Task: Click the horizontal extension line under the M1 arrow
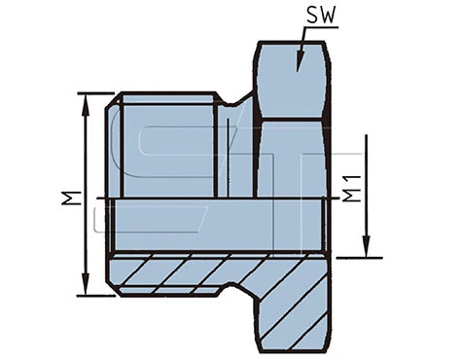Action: [355, 257]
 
